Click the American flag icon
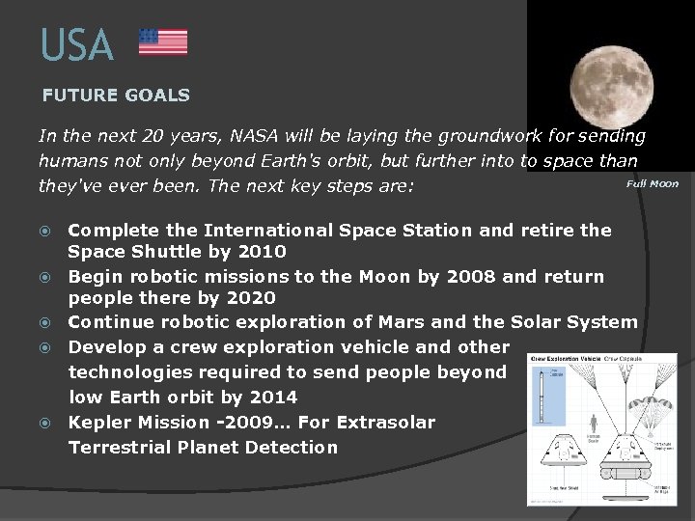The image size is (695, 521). click(163, 41)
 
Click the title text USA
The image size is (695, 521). click(77, 45)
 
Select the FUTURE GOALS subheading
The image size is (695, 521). click(116, 96)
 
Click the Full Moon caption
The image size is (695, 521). click(653, 183)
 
